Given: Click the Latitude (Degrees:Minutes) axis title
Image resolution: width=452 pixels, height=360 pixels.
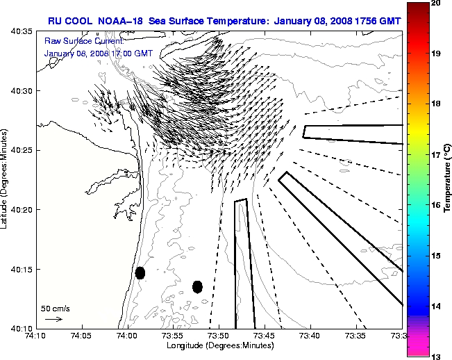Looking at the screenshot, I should tap(6, 179).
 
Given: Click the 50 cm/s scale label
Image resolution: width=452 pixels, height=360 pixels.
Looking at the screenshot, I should tap(55, 308).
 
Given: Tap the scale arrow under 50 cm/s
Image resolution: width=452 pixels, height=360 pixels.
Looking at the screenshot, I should tap(53, 319).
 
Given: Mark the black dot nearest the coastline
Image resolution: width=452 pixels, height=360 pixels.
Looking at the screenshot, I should tap(140, 273).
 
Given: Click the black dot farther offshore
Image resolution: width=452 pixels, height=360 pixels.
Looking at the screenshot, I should tap(197, 286).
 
